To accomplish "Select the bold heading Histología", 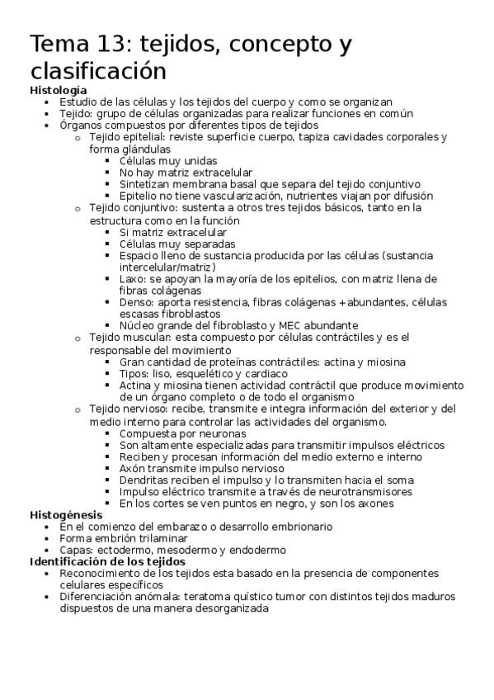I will tap(58, 90).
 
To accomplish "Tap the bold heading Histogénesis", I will tap(65, 515).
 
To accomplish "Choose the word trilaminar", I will tap(160, 538).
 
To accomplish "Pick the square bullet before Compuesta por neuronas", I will tap(109, 433).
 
